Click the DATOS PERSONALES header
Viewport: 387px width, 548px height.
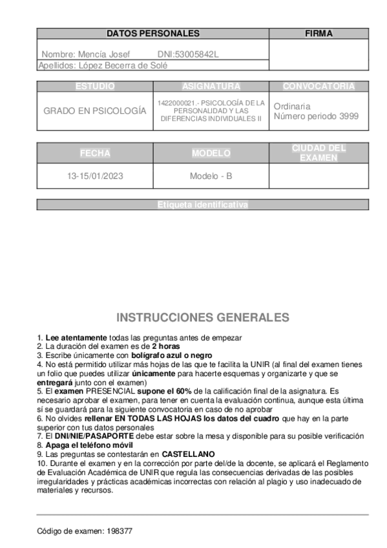152,33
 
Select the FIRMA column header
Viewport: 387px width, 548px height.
318,33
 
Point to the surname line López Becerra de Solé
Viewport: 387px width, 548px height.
103,65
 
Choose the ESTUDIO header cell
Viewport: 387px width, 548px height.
95,86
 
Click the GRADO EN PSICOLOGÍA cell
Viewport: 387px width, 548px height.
95,111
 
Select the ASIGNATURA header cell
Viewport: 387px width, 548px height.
211,86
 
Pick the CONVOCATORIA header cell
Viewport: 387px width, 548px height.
319,86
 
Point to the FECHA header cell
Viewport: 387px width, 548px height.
95,153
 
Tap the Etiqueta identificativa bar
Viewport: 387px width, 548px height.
202,205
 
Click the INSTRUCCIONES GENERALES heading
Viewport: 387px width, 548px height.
202,317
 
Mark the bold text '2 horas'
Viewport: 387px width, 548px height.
165,346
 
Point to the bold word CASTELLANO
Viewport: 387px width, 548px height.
188,454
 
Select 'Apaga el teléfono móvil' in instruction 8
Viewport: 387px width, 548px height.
89,445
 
